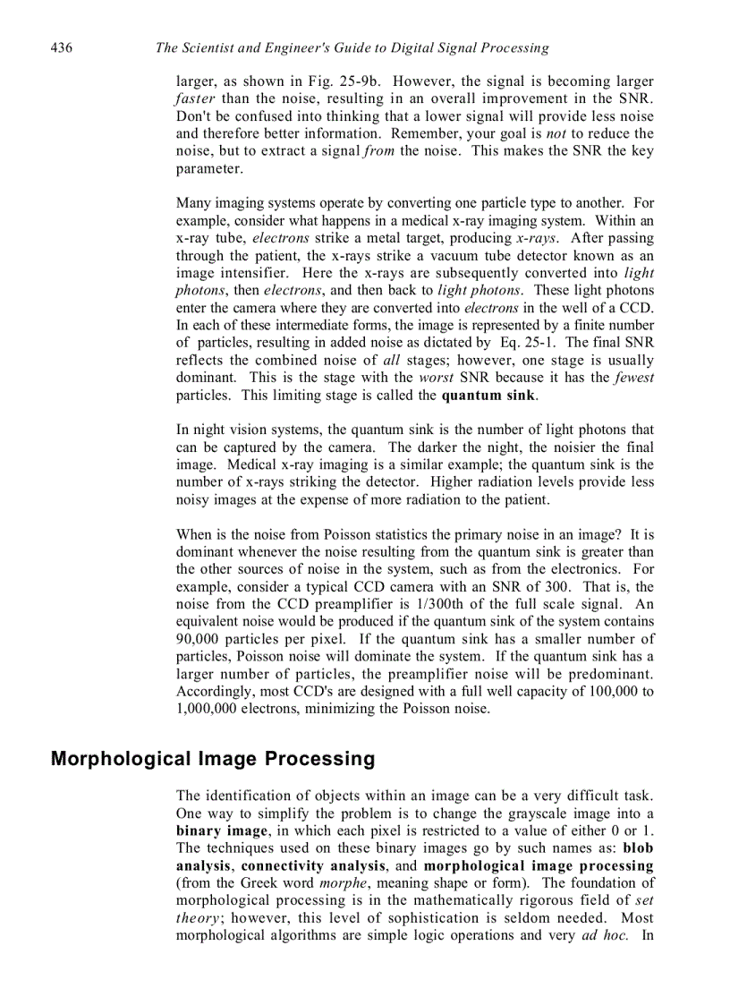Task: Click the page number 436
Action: (x=62, y=47)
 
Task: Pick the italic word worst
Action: (x=436, y=378)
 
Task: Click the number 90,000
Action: (x=203, y=639)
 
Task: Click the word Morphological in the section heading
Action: (x=121, y=760)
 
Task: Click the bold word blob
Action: (x=638, y=847)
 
